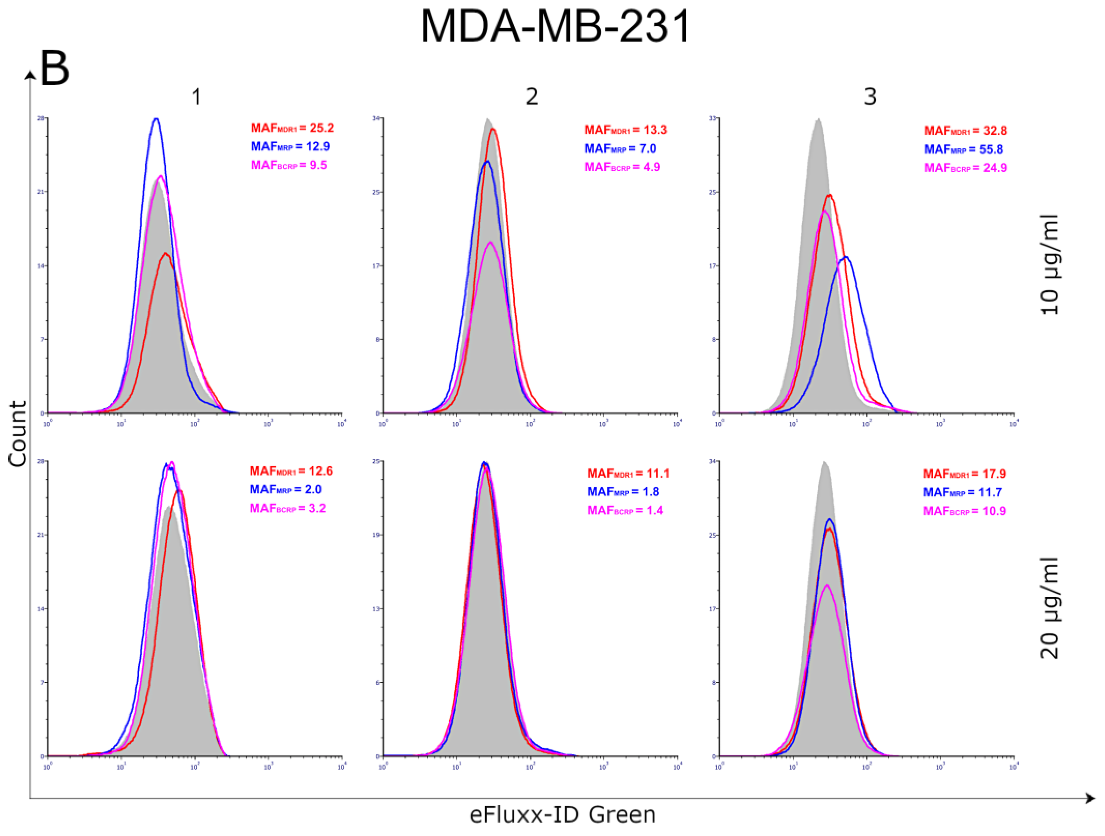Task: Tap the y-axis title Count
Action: pyautogui.click(x=18, y=434)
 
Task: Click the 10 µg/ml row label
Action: pyautogui.click(x=1049, y=265)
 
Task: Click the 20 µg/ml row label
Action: pyautogui.click(x=1049, y=608)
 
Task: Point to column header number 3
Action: pyautogui.click(x=870, y=96)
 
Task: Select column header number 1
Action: pyautogui.click(x=196, y=96)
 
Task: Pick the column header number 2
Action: pyautogui.click(x=531, y=96)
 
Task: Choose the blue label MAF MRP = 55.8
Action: pyautogui.click(x=963, y=149)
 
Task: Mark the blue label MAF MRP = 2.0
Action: pyautogui.click(x=286, y=490)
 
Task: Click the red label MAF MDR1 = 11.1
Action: pyautogui.click(x=628, y=474)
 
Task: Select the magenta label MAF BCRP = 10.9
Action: pyautogui.click(x=964, y=511)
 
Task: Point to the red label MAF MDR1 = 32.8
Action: pyautogui.click(x=965, y=131)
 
